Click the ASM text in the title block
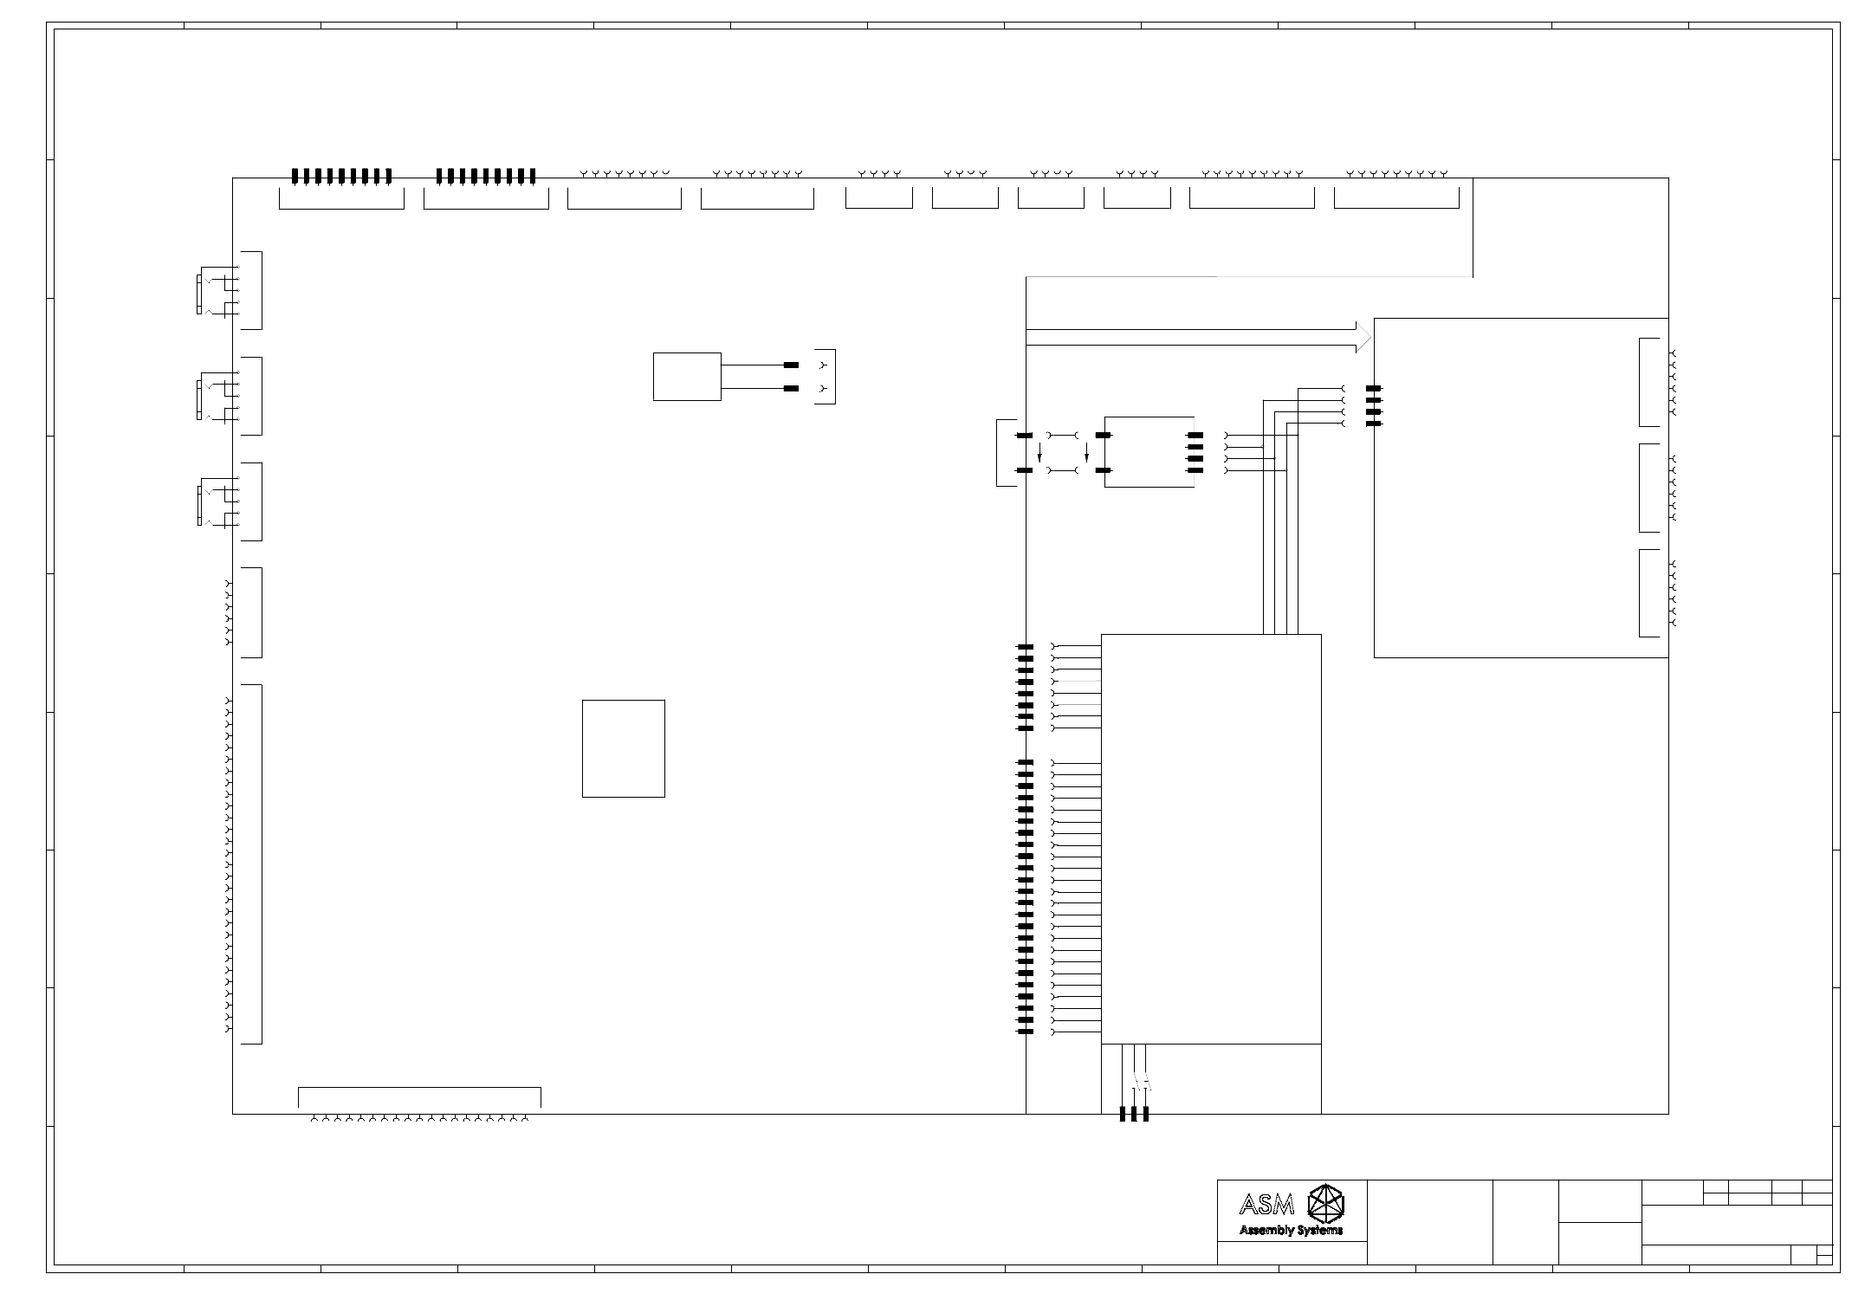click(1267, 1204)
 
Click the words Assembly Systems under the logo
click(1291, 1230)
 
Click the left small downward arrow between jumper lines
click(1040, 452)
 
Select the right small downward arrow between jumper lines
click(1086, 452)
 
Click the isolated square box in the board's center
click(624, 748)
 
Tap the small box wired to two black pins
click(687, 377)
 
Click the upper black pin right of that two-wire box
click(791, 365)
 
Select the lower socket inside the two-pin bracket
click(823, 389)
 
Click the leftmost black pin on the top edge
click(295, 177)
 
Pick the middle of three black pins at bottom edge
click(1134, 1114)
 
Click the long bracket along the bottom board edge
click(419, 1097)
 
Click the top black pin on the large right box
click(1373, 389)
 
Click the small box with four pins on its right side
click(1149, 452)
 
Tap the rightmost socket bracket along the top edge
click(1396, 208)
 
